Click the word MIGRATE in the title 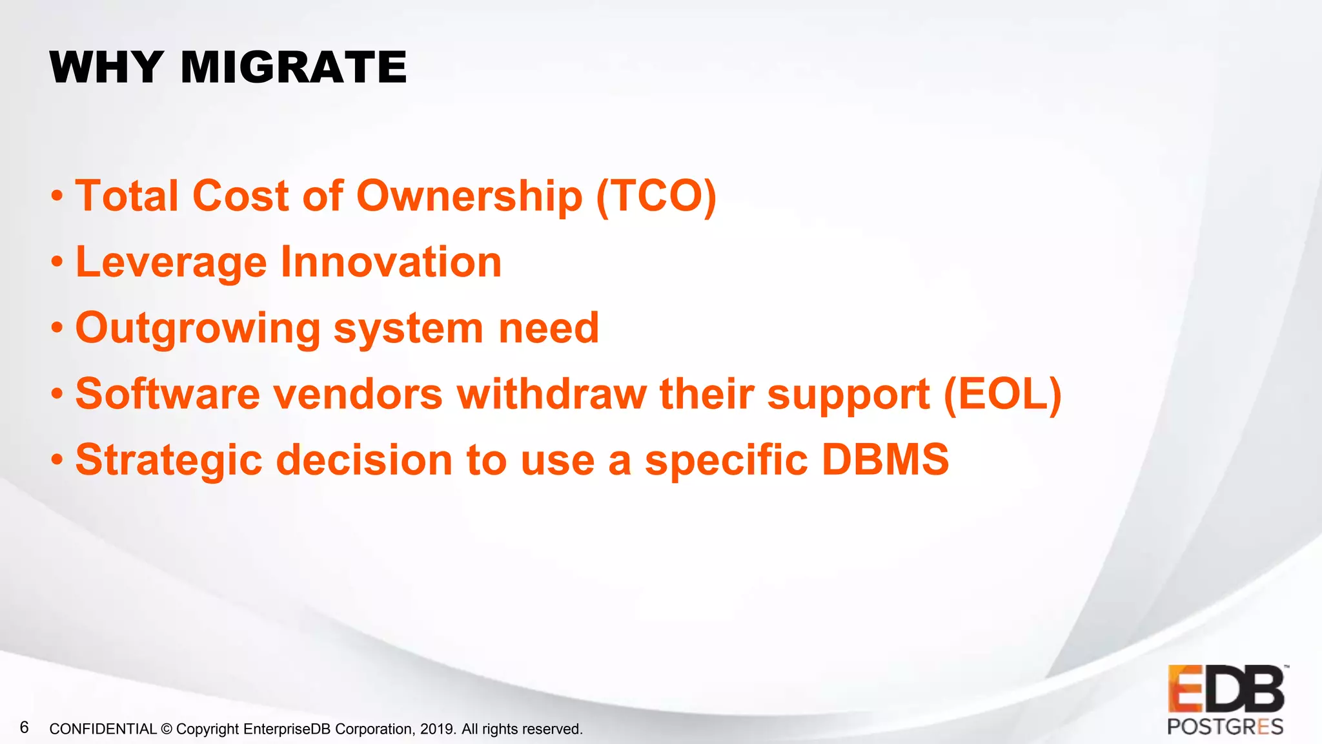click(294, 67)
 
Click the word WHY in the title click(106, 67)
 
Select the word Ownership click(469, 197)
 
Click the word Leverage click(171, 263)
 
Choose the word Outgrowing click(198, 329)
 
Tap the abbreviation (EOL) click(1002, 394)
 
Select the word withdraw click(552, 394)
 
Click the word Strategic click(169, 461)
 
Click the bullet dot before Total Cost click(57, 196)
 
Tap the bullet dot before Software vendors click(57, 394)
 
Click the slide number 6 click(25, 728)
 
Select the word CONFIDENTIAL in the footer click(103, 729)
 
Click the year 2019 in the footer click(437, 729)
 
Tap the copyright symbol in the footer click(167, 729)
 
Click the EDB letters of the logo click(1226, 689)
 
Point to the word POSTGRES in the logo click(1225, 727)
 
